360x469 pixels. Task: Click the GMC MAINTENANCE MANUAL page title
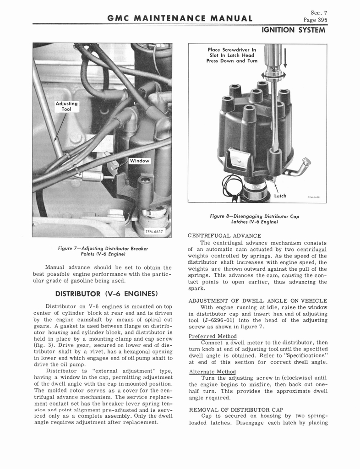point(180,19)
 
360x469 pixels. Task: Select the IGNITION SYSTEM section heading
point(293,30)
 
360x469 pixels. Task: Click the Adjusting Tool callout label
point(66,106)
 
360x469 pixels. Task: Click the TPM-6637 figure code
point(154,231)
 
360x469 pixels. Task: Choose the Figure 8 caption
point(254,219)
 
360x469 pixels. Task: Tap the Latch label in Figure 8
point(280,196)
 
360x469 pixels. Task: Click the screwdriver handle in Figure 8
point(272,57)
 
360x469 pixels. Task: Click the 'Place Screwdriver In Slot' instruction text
point(232,55)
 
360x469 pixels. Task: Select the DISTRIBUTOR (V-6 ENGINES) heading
point(106,293)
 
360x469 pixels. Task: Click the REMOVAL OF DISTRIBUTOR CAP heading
point(236,409)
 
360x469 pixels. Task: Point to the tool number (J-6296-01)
point(214,320)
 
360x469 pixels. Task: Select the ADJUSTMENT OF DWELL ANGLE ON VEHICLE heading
point(257,300)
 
